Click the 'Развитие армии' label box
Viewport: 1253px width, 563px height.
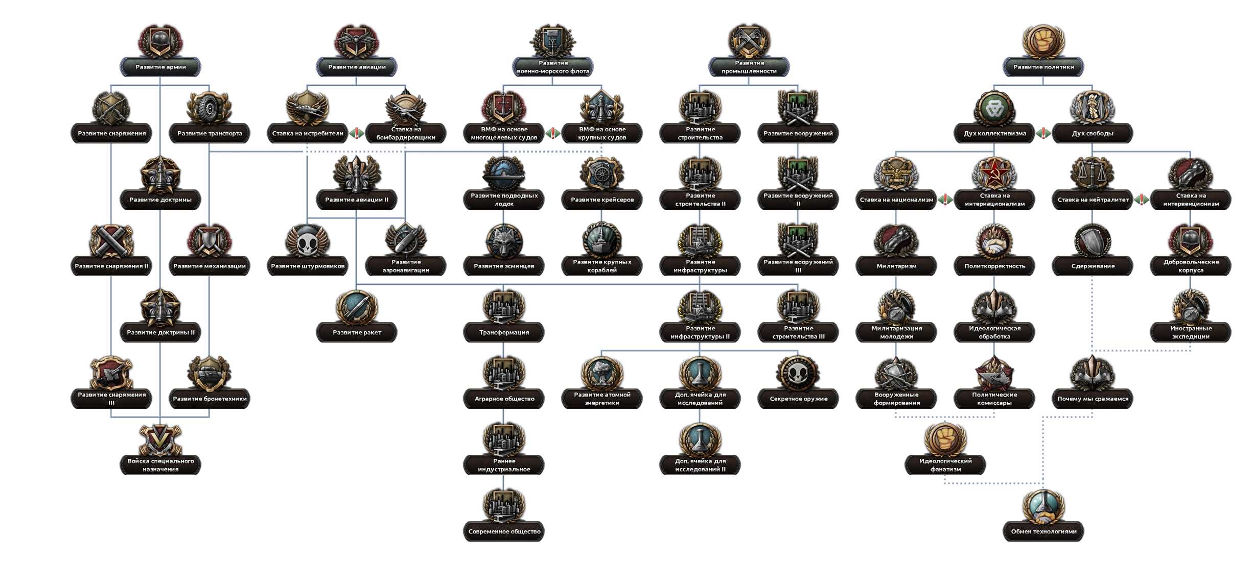[x=160, y=67]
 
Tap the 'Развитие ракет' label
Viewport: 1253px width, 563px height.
[x=357, y=332]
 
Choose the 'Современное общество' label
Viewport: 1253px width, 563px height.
[x=504, y=531]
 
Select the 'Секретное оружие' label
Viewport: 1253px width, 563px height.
[x=798, y=399]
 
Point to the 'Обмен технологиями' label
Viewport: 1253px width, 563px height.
[x=1043, y=531]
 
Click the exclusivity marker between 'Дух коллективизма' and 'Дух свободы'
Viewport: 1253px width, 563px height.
[x=1043, y=134]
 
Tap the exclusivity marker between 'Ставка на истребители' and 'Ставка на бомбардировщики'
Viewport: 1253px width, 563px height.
[x=357, y=134]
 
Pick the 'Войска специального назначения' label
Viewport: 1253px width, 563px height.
[x=160, y=465]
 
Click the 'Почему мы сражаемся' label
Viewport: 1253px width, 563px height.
[x=1093, y=399]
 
